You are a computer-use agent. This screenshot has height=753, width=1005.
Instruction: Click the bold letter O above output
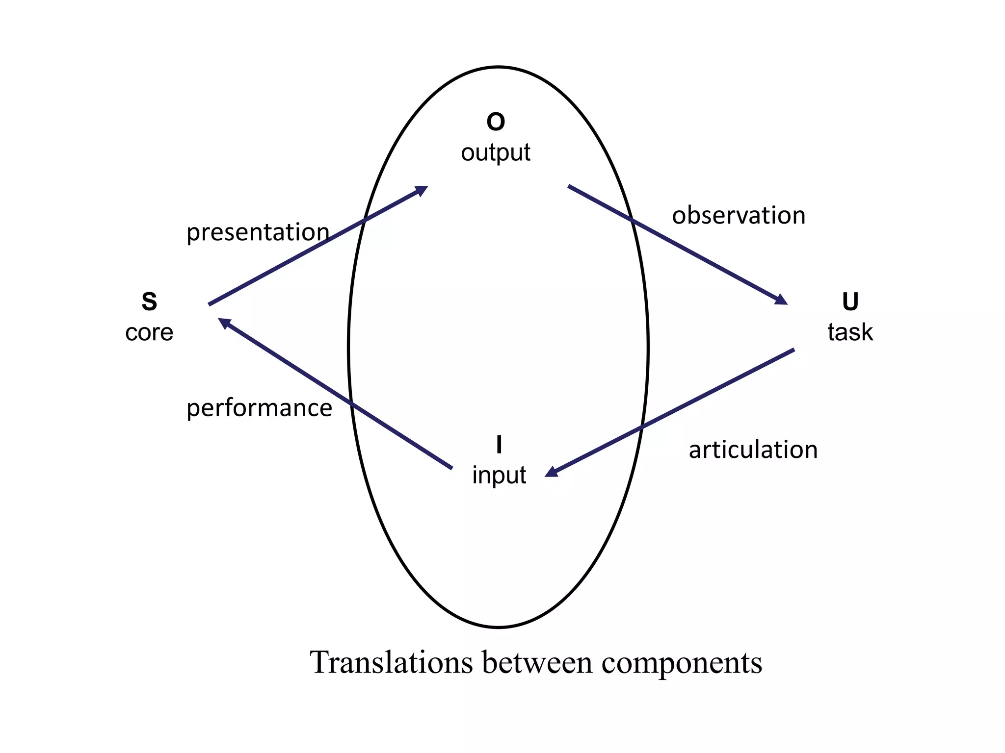pyautogui.click(x=496, y=122)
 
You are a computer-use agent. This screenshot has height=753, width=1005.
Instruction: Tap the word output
pyautogui.click(x=496, y=152)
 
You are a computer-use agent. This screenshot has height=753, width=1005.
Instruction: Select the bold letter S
pyautogui.click(x=149, y=301)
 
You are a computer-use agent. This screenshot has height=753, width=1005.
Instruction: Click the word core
pyautogui.click(x=149, y=333)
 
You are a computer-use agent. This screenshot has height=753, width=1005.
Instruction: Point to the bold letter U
pyautogui.click(x=850, y=301)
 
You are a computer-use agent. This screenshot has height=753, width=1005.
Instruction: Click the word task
pyautogui.click(x=850, y=332)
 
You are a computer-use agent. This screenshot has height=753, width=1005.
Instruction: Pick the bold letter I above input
pyautogui.click(x=499, y=445)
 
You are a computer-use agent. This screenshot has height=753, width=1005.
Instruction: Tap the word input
pyautogui.click(x=499, y=475)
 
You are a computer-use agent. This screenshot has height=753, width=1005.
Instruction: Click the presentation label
pyautogui.click(x=258, y=232)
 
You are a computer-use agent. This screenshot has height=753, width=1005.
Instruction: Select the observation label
pyautogui.click(x=739, y=216)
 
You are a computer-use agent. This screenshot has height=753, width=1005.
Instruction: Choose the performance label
pyautogui.click(x=259, y=408)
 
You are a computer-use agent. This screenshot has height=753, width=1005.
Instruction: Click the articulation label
pyautogui.click(x=753, y=450)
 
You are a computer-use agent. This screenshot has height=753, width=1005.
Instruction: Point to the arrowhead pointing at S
pyautogui.click(x=224, y=322)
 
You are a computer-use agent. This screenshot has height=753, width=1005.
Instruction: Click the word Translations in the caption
pyautogui.click(x=392, y=662)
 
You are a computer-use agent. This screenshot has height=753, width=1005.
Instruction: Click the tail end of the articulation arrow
pyautogui.click(x=793, y=350)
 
